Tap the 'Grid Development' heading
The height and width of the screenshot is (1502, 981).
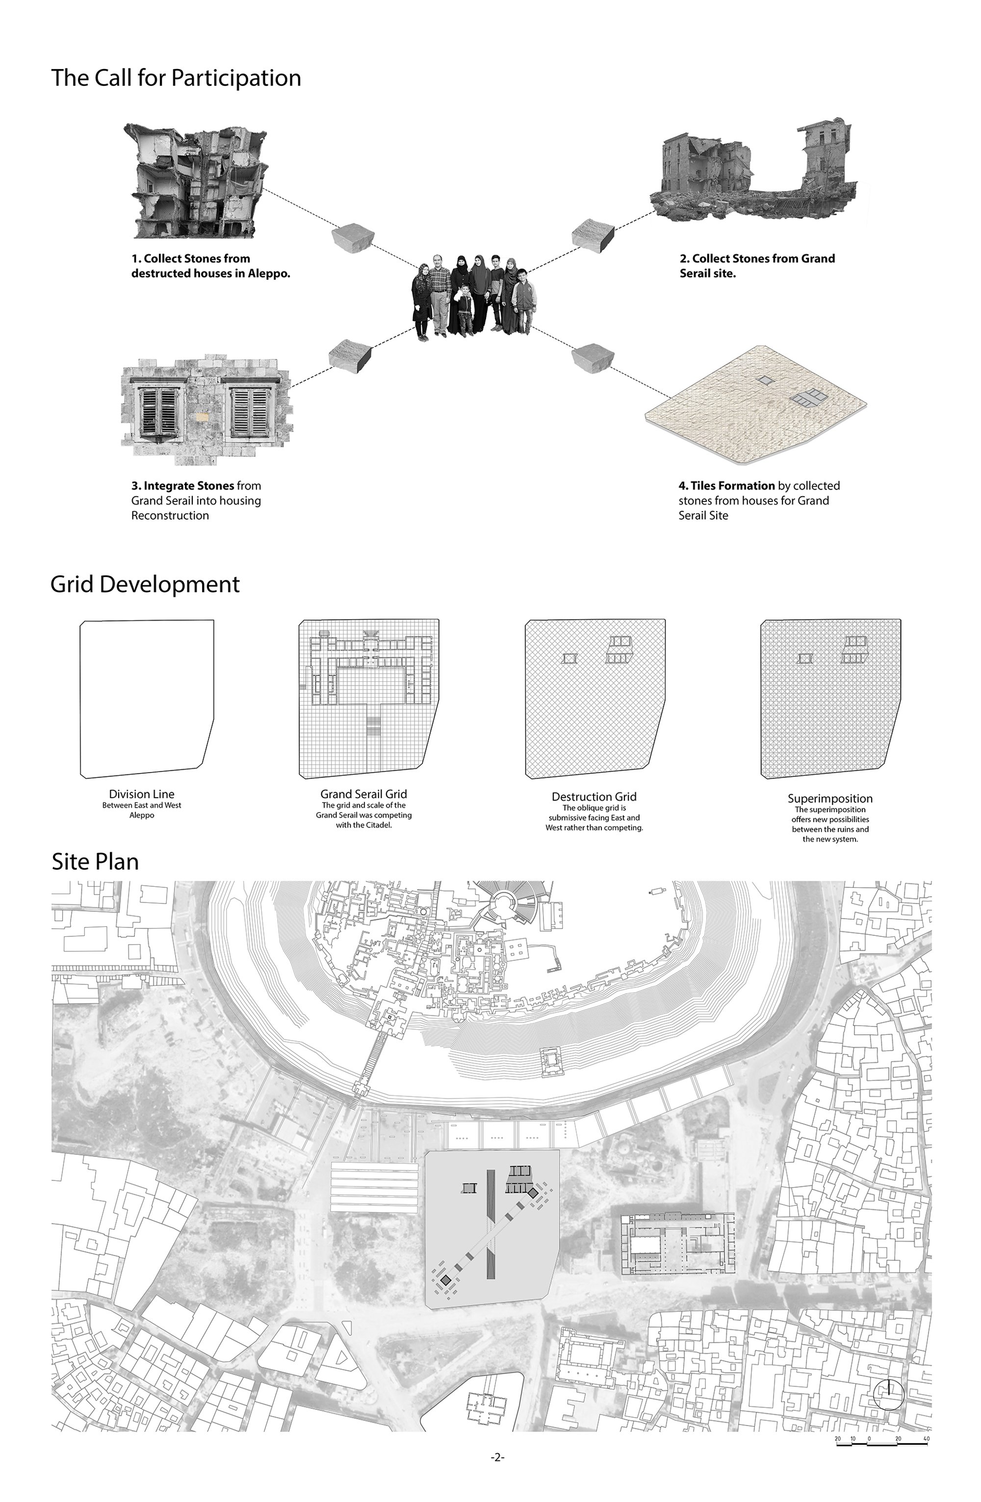pyautogui.click(x=145, y=584)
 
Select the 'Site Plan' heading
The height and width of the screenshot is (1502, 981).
pyautogui.click(x=95, y=861)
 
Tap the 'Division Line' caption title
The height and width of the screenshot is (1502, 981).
pyautogui.click(x=141, y=794)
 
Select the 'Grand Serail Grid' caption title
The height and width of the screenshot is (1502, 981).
pyautogui.click(x=363, y=794)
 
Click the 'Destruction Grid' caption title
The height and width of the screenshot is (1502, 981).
pyautogui.click(x=594, y=797)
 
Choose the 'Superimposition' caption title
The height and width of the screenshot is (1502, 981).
pyautogui.click(x=830, y=799)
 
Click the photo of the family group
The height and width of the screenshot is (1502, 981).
pyautogui.click(x=470, y=297)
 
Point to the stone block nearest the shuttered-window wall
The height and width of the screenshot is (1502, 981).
pyautogui.click(x=350, y=355)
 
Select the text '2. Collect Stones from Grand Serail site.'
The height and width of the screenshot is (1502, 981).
pyautogui.click(x=757, y=266)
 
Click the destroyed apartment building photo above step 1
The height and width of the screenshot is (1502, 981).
pyautogui.click(x=196, y=180)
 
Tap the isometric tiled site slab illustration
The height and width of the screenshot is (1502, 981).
pyautogui.click(x=756, y=406)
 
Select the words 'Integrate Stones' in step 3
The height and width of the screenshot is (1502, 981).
pyautogui.click(x=189, y=485)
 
